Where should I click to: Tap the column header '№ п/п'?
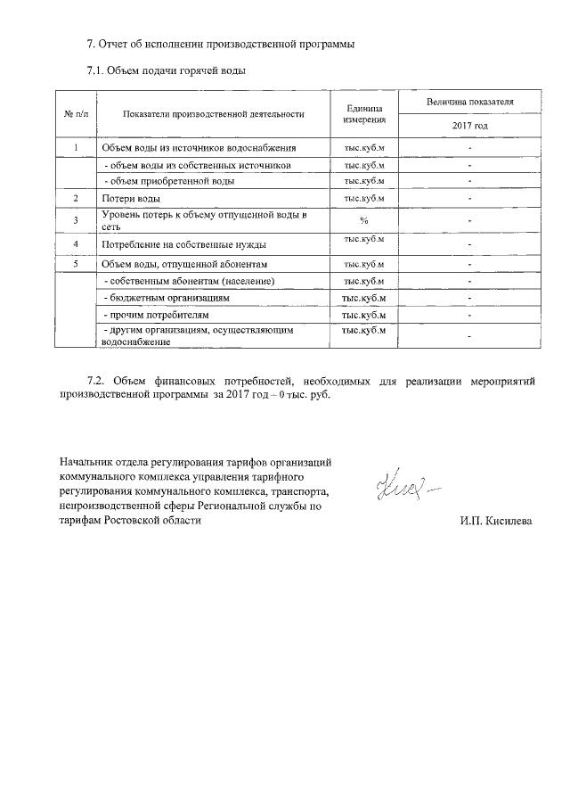coord(76,114)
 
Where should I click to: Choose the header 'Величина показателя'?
coord(469,103)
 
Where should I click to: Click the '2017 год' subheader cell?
coord(469,126)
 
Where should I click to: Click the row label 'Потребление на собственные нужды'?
coord(177,243)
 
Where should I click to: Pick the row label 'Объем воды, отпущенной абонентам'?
coord(184,265)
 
